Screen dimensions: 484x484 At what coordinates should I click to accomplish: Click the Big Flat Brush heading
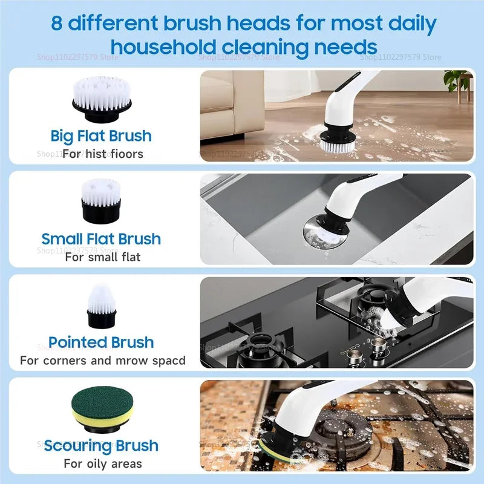point(101,136)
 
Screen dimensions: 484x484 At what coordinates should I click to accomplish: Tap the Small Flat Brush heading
point(101,238)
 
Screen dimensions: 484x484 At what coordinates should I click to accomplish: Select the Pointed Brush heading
point(101,342)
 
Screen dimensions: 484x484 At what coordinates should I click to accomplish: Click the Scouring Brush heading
point(101,446)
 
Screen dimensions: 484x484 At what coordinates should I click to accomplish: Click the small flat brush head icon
point(101,199)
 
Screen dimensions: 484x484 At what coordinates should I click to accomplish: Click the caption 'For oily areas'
point(103,464)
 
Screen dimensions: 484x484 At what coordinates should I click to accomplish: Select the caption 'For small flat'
point(103,257)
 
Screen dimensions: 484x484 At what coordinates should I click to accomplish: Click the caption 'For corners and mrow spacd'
point(103,361)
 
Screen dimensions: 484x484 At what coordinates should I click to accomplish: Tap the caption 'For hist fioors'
point(103,154)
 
